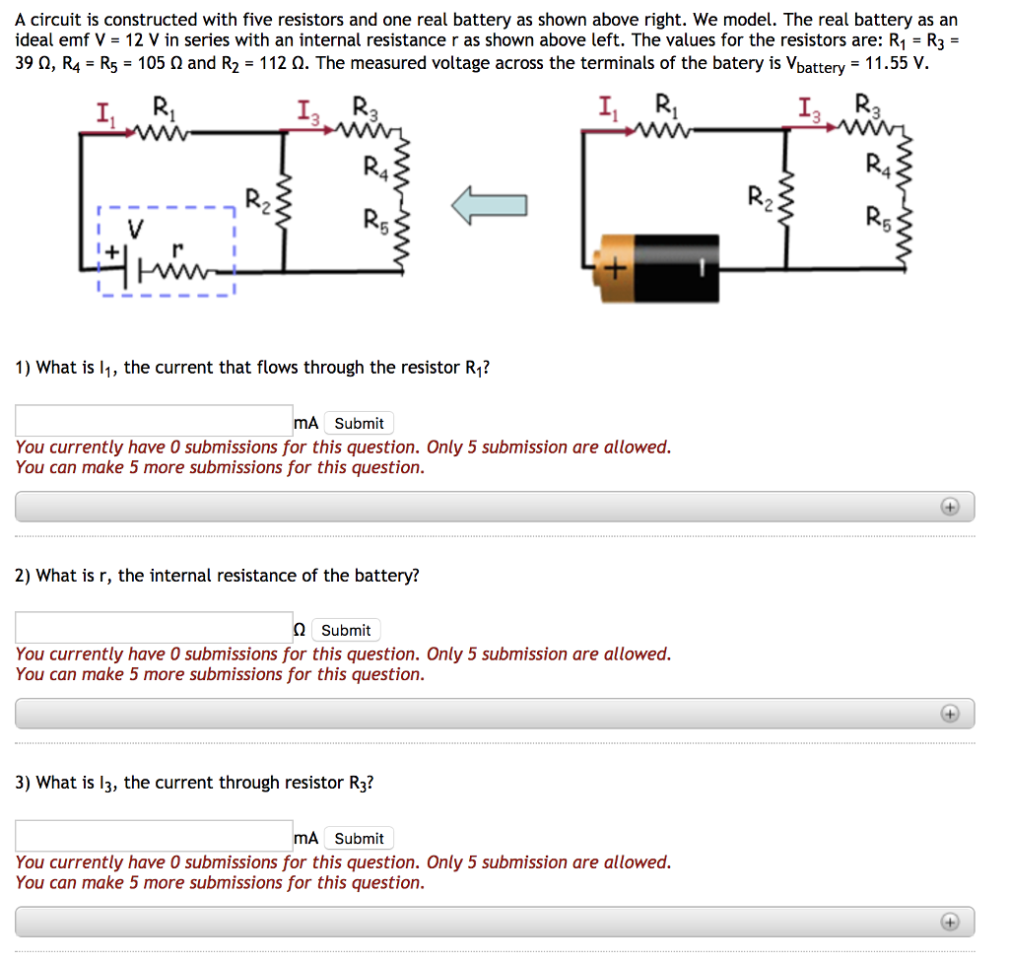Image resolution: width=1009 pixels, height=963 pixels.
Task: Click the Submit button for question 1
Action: tap(359, 423)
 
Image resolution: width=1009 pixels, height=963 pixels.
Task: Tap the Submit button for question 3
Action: tap(359, 838)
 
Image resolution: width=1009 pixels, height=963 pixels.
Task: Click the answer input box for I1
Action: tap(154, 421)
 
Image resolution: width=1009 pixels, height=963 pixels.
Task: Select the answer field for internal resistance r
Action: tap(154, 628)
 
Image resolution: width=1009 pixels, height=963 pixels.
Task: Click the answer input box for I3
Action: tap(154, 836)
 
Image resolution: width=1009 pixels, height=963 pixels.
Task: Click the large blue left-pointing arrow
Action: tap(490, 205)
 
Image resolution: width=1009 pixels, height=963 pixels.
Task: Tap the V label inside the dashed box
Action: tap(136, 229)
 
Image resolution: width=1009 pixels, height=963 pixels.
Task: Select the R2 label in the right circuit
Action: tap(758, 193)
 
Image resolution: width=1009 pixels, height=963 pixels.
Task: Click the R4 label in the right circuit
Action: tap(875, 164)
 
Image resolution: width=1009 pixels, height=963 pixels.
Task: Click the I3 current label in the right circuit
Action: tap(809, 109)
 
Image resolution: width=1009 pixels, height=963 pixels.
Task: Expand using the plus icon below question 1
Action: tap(949, 507)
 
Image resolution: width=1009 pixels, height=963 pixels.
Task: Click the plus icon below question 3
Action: tap(949, 922)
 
